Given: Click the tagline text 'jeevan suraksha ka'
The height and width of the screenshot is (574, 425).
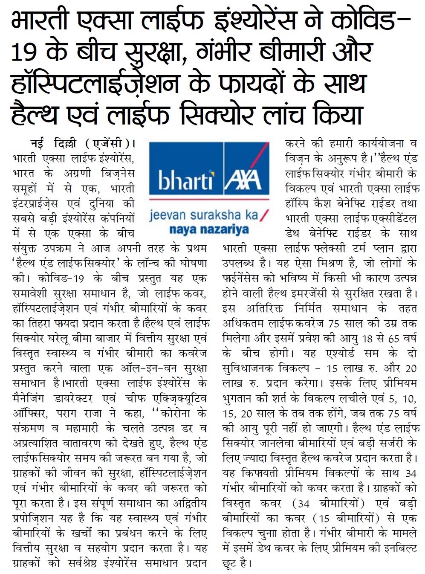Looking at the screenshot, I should (x=204, y=215).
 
